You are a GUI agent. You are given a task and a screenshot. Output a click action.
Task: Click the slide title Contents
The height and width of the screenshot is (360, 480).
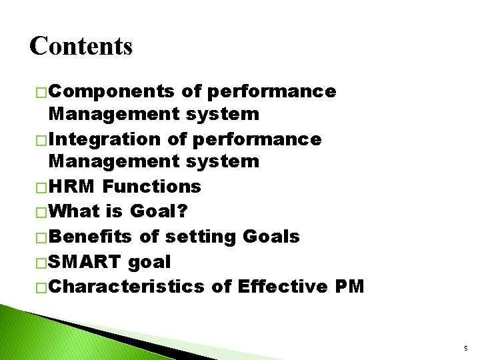tap(81, 46)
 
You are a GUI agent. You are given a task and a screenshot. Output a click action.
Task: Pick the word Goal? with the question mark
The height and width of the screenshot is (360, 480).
tap(159, 212)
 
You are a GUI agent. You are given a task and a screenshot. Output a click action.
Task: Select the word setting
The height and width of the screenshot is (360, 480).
tap(200, 237)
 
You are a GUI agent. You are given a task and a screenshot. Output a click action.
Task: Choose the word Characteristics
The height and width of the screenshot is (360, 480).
tap(127, 286)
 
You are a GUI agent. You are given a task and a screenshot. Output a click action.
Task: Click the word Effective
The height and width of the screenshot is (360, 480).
tap(278, 286)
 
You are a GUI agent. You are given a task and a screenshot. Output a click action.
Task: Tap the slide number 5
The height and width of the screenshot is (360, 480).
tap(465, 347)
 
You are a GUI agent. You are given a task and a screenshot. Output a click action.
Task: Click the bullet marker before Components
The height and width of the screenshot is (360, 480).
tap(41, 92)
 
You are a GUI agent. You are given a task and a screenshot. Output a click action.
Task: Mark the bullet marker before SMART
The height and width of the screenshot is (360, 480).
tap(41, 263)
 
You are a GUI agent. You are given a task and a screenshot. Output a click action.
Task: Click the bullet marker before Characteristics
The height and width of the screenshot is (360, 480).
tap(41, 287)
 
